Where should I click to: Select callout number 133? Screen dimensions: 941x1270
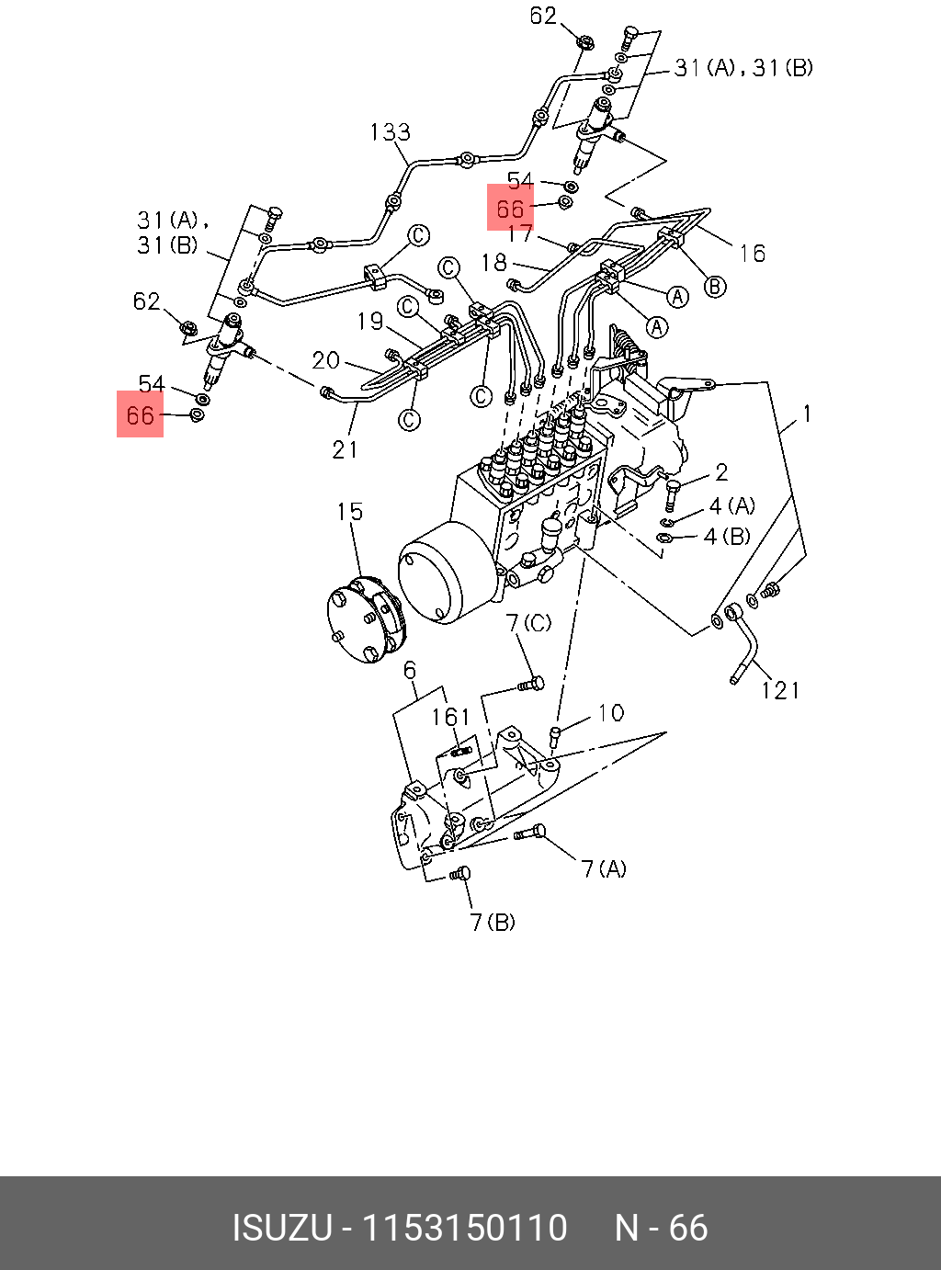click(390, 132)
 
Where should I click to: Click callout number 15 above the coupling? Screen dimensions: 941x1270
click(349, 511)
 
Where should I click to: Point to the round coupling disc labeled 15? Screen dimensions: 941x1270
click(367, 620)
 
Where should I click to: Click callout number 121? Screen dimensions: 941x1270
click(779, 690)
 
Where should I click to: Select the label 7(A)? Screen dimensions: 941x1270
click(605, 869)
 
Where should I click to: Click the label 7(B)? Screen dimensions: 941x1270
click(493, 923)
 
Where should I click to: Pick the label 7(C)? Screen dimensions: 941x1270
click(528, 622)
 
